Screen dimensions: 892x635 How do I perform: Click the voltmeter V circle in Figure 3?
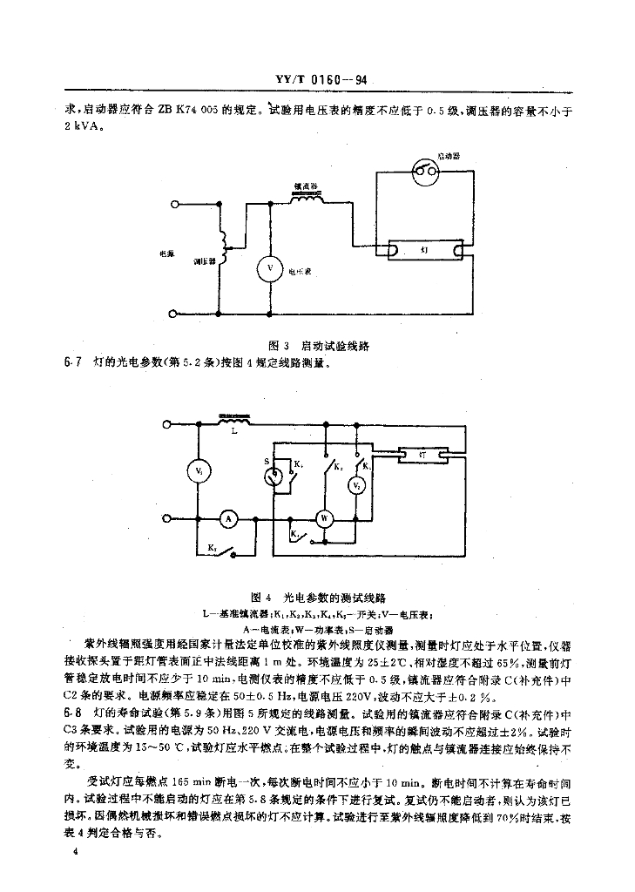coord(269,269)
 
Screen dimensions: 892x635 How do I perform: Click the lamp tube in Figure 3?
coord(426,250)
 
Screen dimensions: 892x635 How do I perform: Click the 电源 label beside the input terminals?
coord(166,253)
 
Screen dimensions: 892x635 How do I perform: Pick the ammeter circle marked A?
coord(228,517)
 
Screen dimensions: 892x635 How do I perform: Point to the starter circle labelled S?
coord(274,476)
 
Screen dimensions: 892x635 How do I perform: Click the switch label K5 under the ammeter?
coord(212,547)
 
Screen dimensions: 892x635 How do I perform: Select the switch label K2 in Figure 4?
coord(337,460)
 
